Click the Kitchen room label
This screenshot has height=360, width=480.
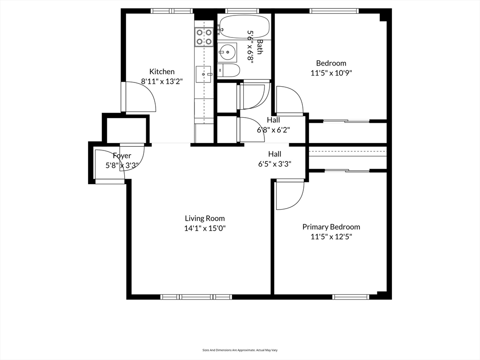pyautogui.click(x=162, y=72)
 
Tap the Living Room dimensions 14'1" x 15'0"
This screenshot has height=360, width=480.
pyautogui.click(x=204, y=228)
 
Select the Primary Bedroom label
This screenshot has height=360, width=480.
pyautogui.click(x=331, y=227)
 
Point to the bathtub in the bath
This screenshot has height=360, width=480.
pyautogui.click(x=244, y=27)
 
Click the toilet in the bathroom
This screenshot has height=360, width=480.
pyautogui.click(x=229, y=71)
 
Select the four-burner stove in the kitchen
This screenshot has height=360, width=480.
pyautogui.click(x=204, y=37)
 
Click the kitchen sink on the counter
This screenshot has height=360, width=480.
pyautogui.click(x=204, y=73)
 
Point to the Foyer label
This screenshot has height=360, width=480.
pyautogui.click(x=122, y=156)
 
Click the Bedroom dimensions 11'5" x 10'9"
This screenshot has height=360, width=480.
pyautogui.click(x=331, y=73)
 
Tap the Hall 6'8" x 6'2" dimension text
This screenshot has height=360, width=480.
pyautogui.click(x=273, y=130)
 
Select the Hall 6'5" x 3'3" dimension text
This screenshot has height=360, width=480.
pyautogui.click(x=275, y=164)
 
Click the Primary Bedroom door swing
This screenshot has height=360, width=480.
pyautogui.click(x=289, y=195)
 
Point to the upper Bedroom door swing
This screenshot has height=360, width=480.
pyautogui.click(x=289, y=100)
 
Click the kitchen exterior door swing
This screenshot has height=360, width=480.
pyautogui.click(x=140, y=97)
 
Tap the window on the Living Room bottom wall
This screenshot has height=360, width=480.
pyautogui.click(x=196, y=297)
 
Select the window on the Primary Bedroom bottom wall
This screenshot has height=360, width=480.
pyautogui.click(x=351, y=297)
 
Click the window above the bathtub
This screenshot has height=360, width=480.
pyautogui.click(x=242, y=11)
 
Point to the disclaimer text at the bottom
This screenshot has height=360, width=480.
pyautogui.click(x=240, y=350)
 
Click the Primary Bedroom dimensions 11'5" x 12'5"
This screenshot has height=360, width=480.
pyautogui.click(x=331, y=237)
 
